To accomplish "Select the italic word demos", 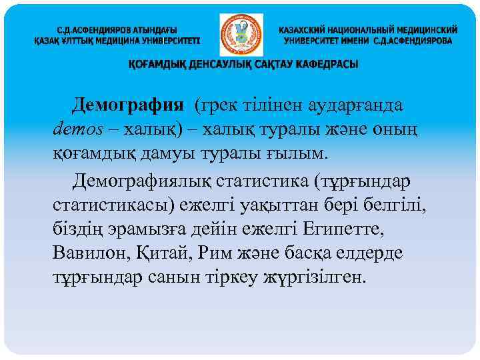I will point(79,129).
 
